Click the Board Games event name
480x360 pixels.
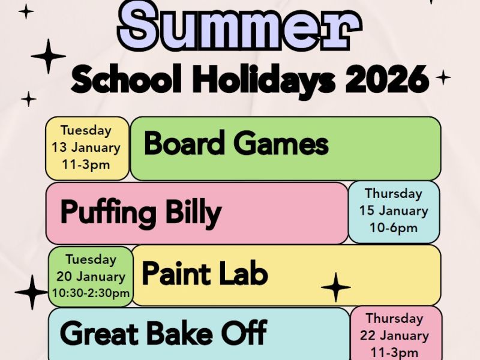click(x=236, y=145)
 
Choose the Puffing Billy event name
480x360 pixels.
click(x=141, y=212)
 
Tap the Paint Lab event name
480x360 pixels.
click(x=205, y=274)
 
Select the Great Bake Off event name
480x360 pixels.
click(x=163, y=333)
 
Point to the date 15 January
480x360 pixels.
click(x=394, y=211)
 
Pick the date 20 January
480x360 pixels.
click(x=91, y=277)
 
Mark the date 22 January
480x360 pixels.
click(x=395, y=335)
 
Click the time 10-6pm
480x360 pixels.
click(x=394, y=227)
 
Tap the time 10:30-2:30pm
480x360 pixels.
click(x=91, y=293)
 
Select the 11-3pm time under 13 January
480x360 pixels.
click(x=86, y=164)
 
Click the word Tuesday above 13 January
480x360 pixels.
click(x=86, y=130)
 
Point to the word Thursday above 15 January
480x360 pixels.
click(x=394, y=194)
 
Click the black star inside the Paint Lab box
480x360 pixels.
click(x=336, y=287)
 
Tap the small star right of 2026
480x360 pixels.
click(x=443, y=77)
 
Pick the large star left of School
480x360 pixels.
click(x=48, y=56)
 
